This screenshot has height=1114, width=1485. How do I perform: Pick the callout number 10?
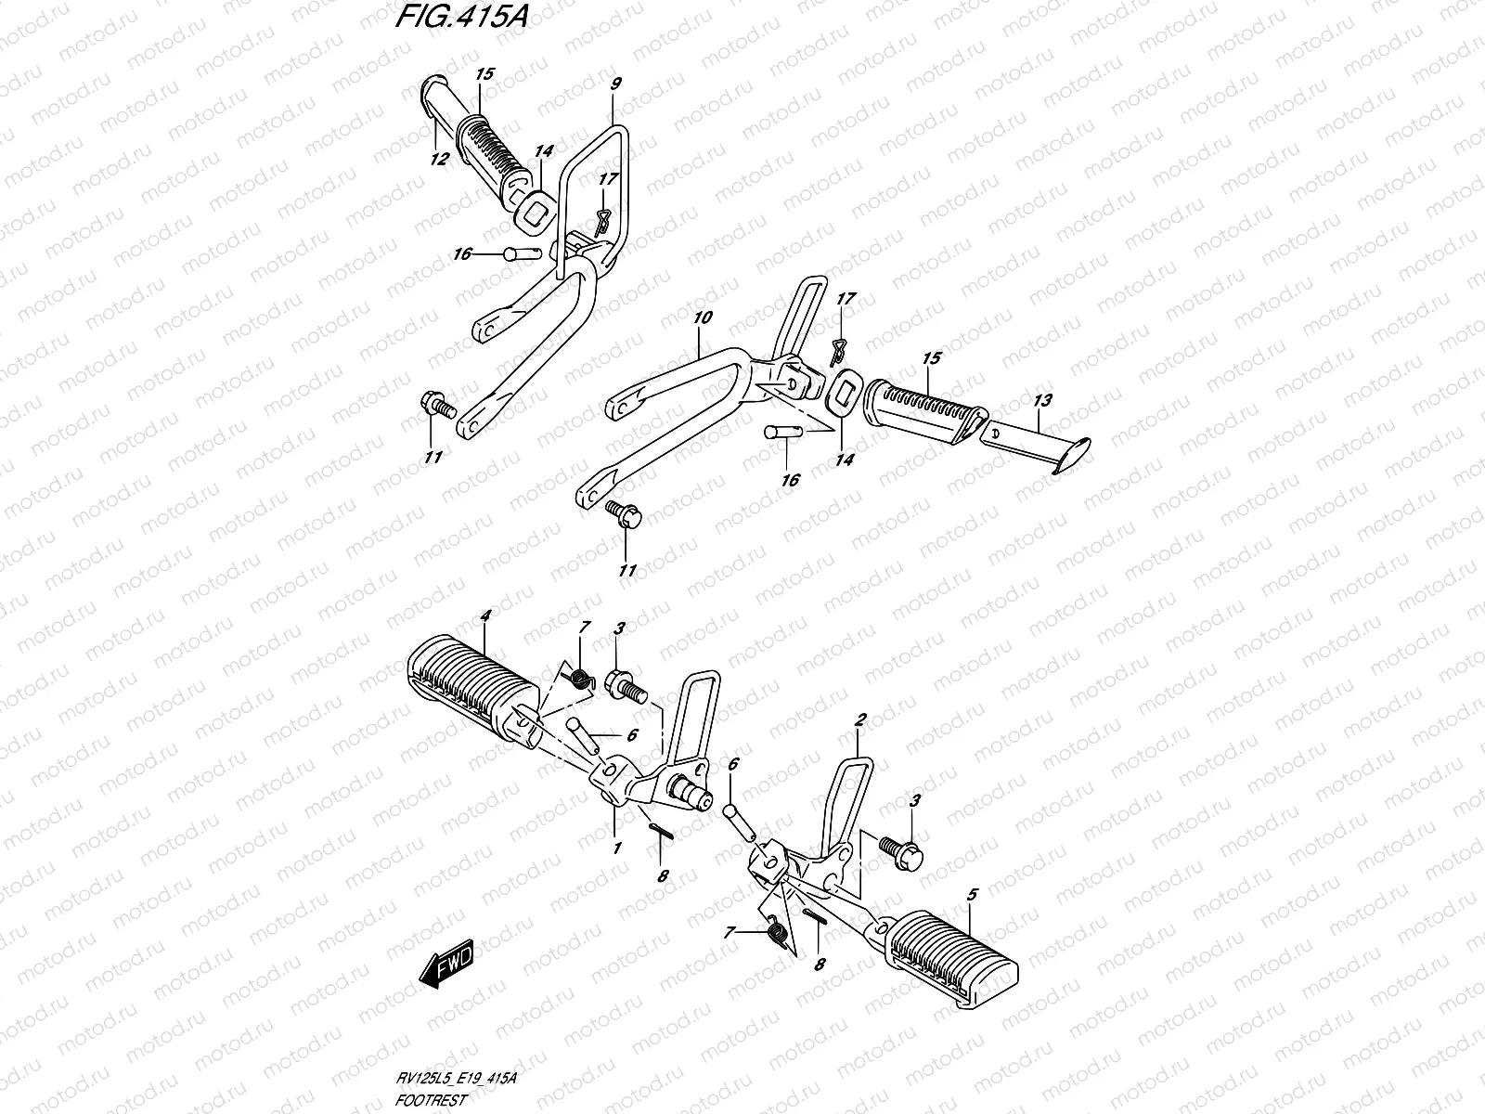pyautogui.click(x=702, y=317)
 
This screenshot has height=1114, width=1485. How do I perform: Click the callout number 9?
pyautogui.click(x=616, y=84)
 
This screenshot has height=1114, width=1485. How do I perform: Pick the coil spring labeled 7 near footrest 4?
pyautogui.click(x=579, y=680)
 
